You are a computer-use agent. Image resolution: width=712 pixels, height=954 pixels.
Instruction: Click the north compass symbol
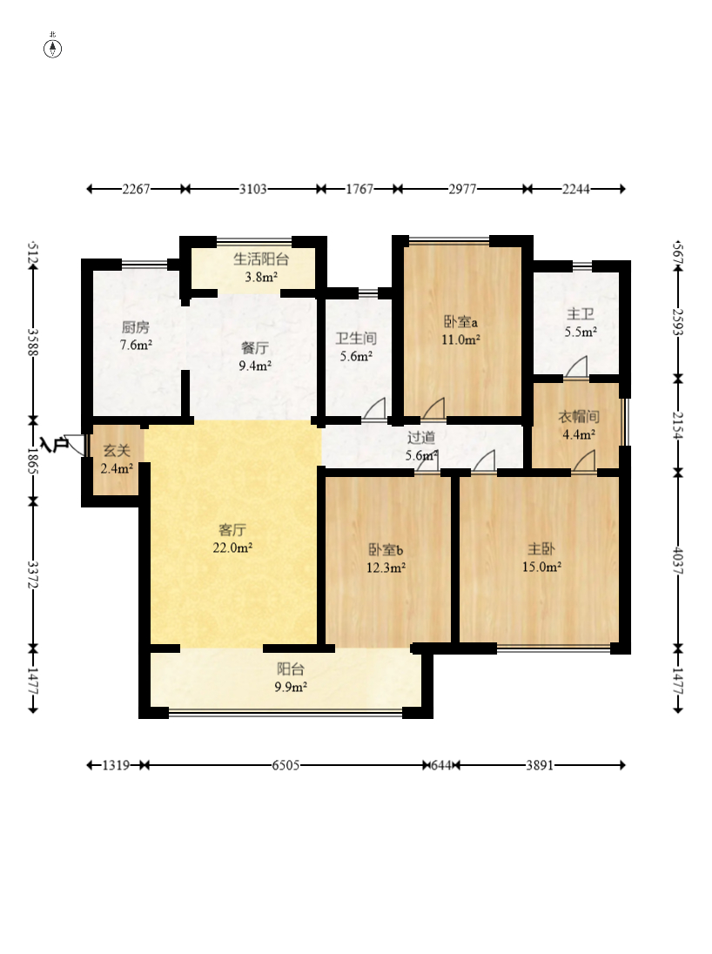53,48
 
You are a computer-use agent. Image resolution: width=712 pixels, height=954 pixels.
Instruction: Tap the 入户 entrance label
54,444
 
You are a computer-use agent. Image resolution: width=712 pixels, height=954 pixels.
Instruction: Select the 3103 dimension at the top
252,189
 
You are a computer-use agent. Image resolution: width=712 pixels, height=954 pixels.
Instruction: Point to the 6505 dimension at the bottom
285,765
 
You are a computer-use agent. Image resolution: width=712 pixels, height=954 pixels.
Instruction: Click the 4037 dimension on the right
678,563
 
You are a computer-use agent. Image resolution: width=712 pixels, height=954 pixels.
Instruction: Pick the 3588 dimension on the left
33,342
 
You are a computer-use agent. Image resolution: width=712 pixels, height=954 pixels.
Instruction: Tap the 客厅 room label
232,531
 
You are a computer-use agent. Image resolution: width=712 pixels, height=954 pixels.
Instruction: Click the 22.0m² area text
232,548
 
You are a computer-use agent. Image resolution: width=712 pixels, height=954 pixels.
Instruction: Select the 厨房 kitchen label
135,327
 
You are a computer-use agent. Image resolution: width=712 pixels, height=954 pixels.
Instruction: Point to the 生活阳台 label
261,259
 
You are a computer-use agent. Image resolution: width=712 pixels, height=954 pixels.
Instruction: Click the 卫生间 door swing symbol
375,407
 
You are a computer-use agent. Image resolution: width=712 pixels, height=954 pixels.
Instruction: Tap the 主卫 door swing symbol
576,366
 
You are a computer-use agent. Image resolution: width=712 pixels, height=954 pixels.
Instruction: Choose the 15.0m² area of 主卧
541,567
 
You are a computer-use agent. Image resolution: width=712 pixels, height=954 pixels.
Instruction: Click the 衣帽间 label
579,417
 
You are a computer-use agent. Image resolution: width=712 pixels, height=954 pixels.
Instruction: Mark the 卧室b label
386,550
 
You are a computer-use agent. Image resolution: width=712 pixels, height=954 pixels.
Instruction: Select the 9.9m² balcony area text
290,687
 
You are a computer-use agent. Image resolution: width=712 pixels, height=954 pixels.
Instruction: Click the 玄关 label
117,451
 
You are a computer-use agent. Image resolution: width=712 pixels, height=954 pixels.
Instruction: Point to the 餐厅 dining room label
255,348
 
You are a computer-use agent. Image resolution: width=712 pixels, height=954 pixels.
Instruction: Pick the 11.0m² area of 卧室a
460,339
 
